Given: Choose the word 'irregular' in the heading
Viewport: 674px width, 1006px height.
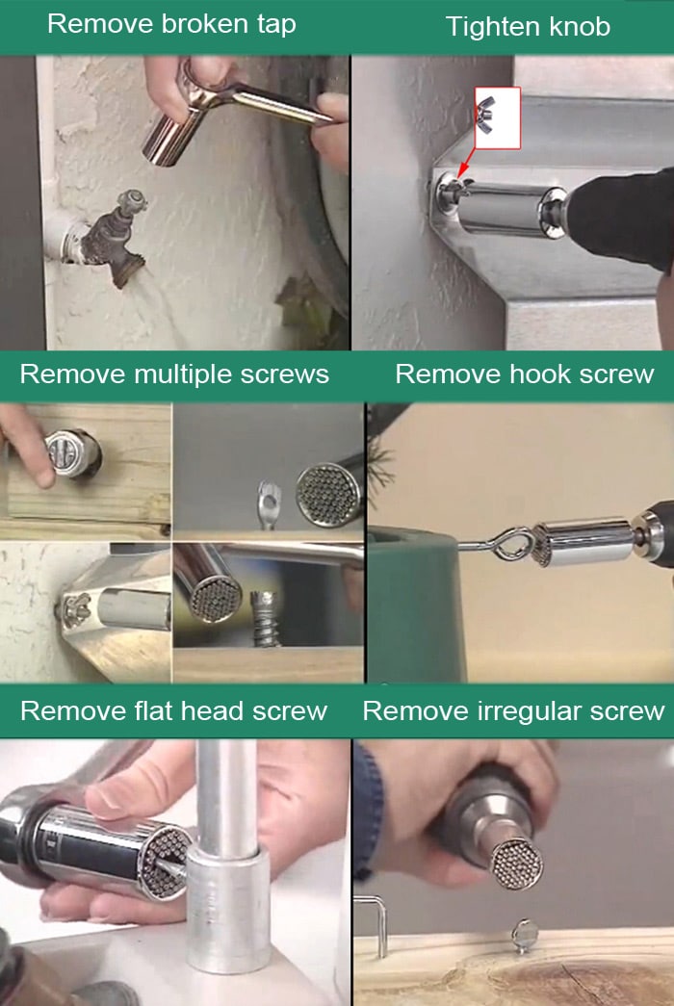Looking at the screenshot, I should tap(530, 711).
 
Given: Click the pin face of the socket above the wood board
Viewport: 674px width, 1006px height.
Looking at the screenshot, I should tap(517, 862).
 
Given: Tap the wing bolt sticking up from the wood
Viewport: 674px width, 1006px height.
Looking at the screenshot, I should tap(524, 933).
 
